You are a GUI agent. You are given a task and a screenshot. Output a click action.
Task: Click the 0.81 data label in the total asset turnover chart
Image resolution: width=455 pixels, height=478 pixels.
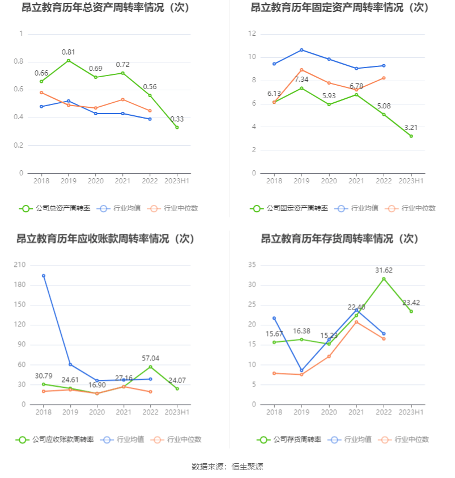point(69,52)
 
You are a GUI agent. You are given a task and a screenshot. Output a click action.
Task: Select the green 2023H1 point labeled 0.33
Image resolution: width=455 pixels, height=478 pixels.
point(177,127)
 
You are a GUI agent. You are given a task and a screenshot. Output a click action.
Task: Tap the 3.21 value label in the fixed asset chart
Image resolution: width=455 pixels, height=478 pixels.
point(418,128)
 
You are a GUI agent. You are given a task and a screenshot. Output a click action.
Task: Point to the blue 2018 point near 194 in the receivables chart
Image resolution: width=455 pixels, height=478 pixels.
point(44,276)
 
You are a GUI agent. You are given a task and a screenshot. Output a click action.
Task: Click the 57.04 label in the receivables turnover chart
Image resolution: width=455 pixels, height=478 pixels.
point(150,358)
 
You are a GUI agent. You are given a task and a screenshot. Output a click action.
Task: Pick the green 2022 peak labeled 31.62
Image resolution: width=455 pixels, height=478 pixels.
point(384,279)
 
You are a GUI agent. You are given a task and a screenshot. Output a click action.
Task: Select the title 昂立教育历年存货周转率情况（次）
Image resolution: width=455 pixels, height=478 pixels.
point(340,239)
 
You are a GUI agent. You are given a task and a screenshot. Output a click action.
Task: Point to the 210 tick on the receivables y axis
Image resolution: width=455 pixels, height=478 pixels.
point(20,265)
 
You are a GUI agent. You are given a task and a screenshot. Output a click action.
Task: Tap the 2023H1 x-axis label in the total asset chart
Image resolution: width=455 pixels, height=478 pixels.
point(177,181)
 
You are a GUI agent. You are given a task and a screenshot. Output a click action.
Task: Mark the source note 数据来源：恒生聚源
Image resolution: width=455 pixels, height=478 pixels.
point(227,467)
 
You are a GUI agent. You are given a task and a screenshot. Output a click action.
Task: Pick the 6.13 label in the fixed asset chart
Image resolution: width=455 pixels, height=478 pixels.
point(274,94)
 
